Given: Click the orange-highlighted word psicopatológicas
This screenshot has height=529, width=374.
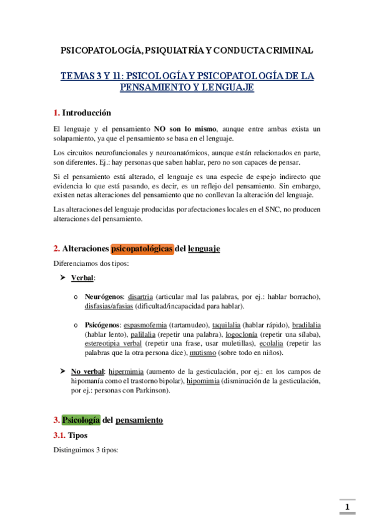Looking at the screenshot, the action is (142, 248).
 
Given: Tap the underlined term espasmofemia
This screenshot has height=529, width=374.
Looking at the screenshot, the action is (145, 324).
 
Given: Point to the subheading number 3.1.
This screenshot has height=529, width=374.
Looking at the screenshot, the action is (61, 435).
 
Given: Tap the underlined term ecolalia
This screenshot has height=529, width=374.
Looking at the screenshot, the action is (272, 343).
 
